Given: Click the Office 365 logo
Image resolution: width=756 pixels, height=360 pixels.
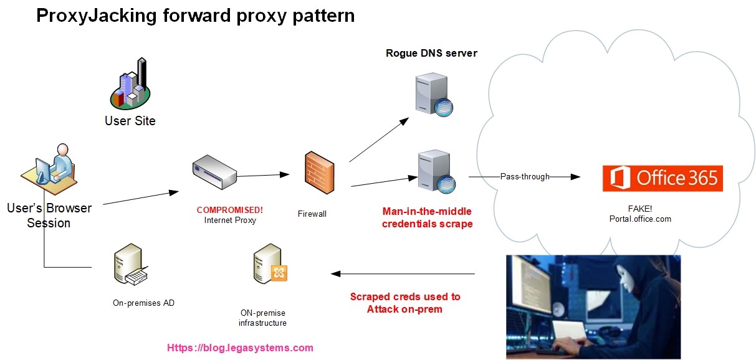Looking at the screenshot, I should click(x=662, y=178).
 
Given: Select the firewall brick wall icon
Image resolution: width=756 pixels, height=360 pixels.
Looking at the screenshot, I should click(x=319, y=173).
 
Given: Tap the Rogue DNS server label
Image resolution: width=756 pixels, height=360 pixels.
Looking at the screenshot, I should click(x=431, y=53).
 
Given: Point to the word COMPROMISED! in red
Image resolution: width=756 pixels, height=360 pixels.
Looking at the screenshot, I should click(x=230, y=210).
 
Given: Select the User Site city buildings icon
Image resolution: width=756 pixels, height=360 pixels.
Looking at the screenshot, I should click(x=130, y=84).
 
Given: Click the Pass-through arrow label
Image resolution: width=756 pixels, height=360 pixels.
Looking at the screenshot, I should click(x=525, y=177).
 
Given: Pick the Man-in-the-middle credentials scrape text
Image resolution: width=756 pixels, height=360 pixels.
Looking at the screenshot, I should click(x=428, y=217).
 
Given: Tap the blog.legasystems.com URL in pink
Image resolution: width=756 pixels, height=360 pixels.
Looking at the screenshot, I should click(x=240, y=348).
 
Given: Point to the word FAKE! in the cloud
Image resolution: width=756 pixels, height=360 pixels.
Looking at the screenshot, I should click(x=641, y=209).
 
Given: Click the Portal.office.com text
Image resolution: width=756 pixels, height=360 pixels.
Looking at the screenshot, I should click(x=641, y=219).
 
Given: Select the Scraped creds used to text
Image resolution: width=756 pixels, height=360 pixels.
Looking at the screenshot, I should click(x=405, y=296).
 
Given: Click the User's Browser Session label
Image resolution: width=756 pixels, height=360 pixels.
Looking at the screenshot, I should click(x=49, y=215).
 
